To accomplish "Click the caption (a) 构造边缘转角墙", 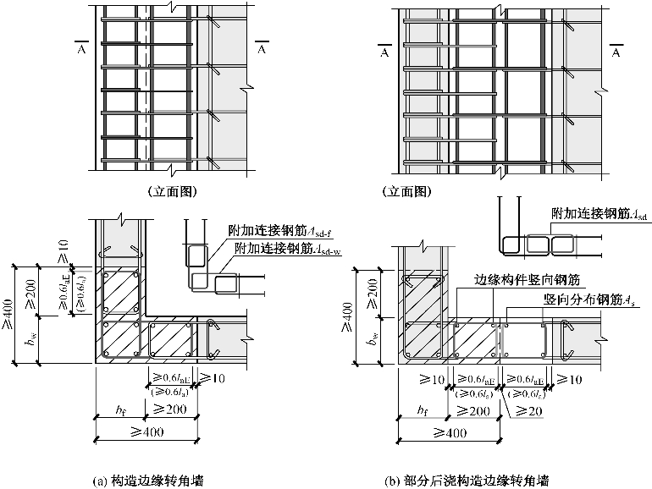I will pos(147,481).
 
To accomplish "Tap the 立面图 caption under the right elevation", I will pos(406,192).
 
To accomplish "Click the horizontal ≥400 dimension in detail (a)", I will pos(147,431).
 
